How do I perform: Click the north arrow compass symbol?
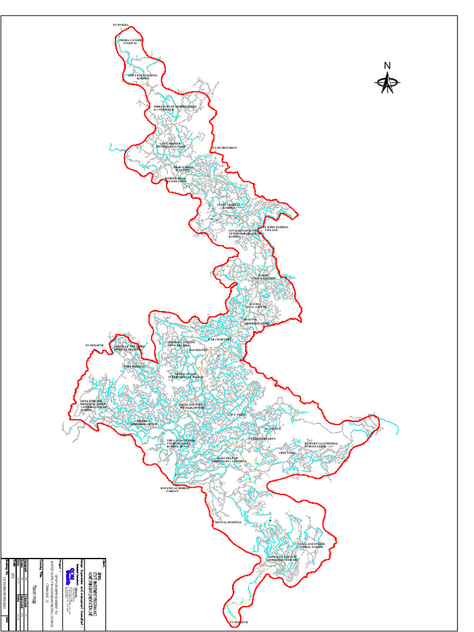pyautogui.click(x=388, y=82)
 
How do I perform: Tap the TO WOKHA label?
pyautogui.click(x=121, y=25)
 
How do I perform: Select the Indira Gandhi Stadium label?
pyautogui.click(x=131, y=41)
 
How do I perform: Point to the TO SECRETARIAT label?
pyautogui.click(x=225, y=148)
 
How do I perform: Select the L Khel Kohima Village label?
pyautogui.click(x=276, y=228)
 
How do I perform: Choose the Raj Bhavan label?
pyautogui.click(x=199, y=350)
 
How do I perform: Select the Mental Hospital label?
pyautogui.click(x=228, y=522)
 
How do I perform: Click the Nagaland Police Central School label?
pyautogui.click(x=310, y=546)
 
